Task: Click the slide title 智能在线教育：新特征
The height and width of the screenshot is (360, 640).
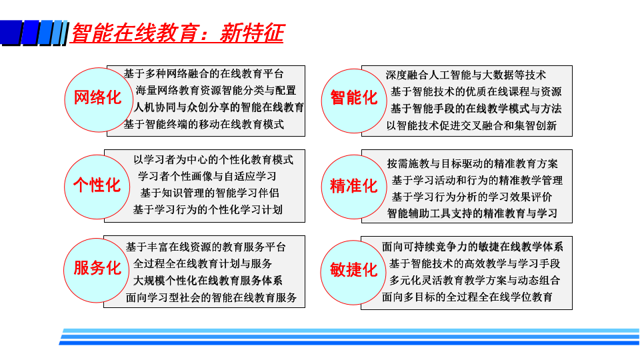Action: click(177, 33)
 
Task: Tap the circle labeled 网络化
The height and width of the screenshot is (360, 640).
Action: click(97, 99)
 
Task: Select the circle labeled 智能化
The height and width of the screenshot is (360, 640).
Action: click(354, 101)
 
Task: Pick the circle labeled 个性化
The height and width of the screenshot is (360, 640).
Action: click(97, 187)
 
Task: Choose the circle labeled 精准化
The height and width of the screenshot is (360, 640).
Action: click(354, 187)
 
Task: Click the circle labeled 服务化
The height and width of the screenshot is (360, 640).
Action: click(97, 270)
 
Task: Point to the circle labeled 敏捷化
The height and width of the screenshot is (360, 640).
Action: click(353, 272)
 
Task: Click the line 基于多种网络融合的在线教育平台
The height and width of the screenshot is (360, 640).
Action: click(204, 74)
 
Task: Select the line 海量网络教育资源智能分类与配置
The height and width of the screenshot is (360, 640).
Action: click(216, 91)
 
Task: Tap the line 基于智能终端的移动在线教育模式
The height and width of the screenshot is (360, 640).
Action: click(204, 124)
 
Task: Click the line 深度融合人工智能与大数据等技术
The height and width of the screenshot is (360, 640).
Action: click(466, 75)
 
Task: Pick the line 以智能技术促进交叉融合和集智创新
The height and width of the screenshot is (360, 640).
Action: click(471, 126)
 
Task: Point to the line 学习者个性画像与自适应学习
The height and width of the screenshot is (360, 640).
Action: click(207, 176)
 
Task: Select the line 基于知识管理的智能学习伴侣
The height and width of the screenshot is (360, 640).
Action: click(210, 193)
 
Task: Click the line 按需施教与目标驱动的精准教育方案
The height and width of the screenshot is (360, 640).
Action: click(472, 164)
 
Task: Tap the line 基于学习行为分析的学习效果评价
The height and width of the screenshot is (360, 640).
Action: click(472, 197)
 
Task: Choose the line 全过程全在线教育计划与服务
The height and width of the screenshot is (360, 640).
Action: click(203, 264)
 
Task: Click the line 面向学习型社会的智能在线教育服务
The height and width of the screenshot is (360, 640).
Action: click(211, 297)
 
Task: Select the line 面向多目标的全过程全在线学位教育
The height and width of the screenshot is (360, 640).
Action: click(467, 297)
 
